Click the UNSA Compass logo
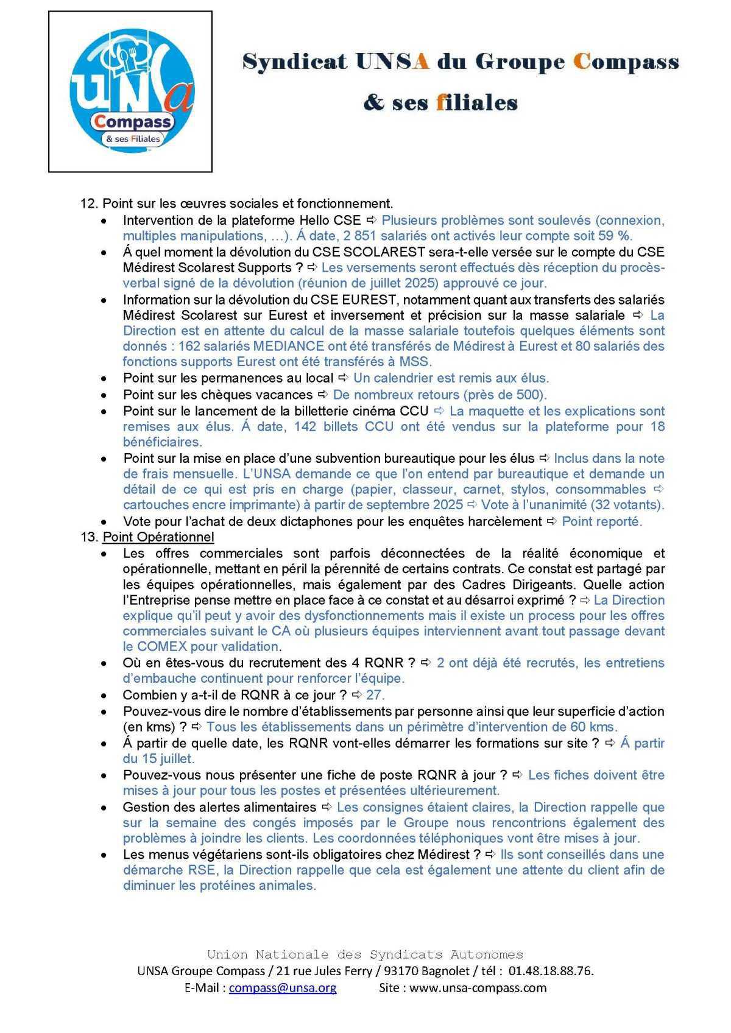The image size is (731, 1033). (x=131, y=91)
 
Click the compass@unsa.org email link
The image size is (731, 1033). (x=282, y=988)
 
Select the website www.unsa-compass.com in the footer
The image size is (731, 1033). (x=478, y=988)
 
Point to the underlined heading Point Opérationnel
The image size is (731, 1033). (x=158, y=537)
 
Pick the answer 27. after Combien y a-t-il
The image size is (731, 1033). (x=375, y=695)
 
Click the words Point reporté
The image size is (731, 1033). (x=601, y=521)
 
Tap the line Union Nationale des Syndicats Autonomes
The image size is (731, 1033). (x=365, y=954)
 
